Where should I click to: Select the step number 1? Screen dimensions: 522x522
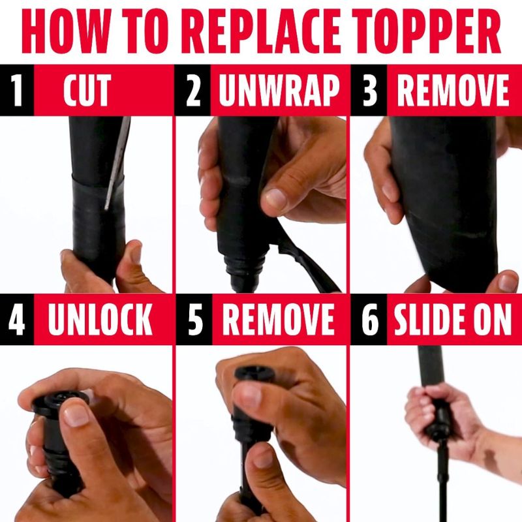click(16, 90)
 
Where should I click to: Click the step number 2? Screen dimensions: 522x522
click(193, 90)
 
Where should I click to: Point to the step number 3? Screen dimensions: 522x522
click(369, 90)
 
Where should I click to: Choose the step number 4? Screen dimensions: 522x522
click(17, 319)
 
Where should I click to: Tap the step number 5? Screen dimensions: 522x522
click(194, 319)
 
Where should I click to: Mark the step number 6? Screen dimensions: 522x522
click(370, 319)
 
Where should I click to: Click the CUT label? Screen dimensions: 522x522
click(87, 90)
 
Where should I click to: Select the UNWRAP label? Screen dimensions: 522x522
click(279, 90)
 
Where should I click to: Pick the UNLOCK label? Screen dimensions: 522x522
click(100, 319)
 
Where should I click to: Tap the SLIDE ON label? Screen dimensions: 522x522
click(453, 319)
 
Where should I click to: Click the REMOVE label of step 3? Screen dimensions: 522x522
click(453, 90)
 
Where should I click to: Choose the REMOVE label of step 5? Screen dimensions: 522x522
click(279, 319)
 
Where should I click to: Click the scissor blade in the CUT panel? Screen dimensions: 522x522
click(117, 162)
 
